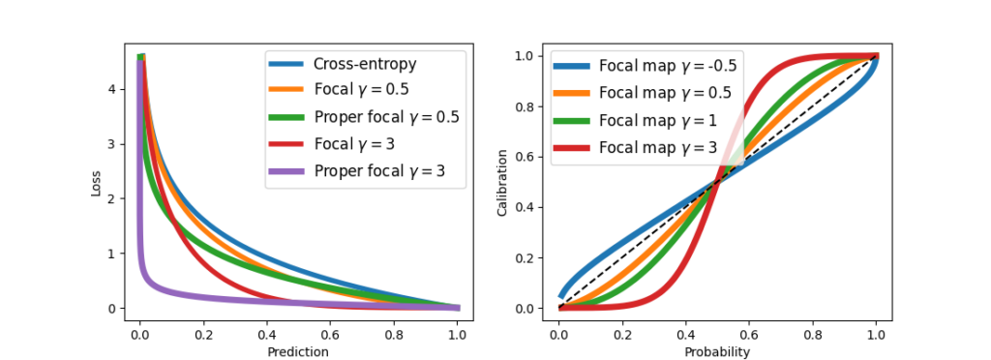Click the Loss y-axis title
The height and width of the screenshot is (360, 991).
(x=96, y=184)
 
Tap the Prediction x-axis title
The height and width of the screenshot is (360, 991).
(x=299, y=352)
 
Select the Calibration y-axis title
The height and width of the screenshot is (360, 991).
(x=502, y=184)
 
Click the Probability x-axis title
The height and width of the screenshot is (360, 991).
(x=717, y=352)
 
